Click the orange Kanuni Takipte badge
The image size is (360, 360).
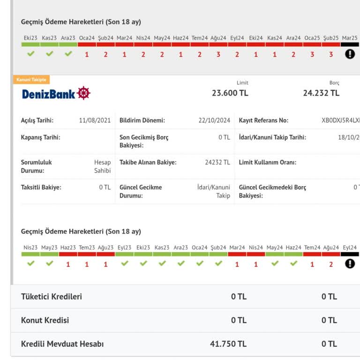click(x=31, y=80)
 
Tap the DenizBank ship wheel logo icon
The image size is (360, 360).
click(x=83, y=93)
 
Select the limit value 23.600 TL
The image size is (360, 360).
click(x=230, y=93)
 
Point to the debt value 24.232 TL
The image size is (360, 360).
click(x=321, y=93)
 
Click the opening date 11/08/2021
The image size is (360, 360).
click(x=95, y=120)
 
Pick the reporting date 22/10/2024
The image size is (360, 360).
click(x=214, y=120)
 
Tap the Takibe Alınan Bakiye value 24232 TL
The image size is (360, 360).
click(x=217, y=162)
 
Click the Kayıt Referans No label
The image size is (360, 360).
click(x=263, y=120)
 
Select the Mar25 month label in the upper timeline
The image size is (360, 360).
click(x=350, y=38)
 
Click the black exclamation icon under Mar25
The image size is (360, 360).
click(x=350, y=54)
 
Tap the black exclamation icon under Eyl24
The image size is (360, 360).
click(x=350, y=264)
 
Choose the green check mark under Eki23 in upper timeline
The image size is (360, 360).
click(x=31, y=54)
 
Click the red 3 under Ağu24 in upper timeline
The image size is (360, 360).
click(x=218, y=55)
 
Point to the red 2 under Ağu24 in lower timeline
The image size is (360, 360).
click(x=331, y=264)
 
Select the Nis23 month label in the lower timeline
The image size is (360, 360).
click(x=30, y=247)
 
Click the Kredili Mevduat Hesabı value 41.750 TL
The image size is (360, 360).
click(x=228, y=344)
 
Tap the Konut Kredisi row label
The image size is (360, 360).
click(x=45, y=320)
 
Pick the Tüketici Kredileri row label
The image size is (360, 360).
click(x=52, y=297)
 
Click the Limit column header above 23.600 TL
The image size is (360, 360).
click(x=242, y=82)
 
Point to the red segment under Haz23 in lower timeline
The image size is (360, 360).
click(x=68, y=254)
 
